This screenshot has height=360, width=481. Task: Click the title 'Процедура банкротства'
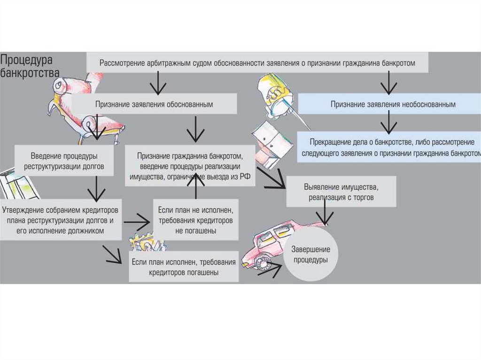pos(29,66)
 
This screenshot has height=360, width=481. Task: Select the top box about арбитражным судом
pos(257,62)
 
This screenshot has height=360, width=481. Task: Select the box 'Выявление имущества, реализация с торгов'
pos(341,192)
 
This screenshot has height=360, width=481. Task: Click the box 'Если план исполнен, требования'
pos(184,267)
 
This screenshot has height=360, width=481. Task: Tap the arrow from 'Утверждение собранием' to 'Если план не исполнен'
pos(138,219)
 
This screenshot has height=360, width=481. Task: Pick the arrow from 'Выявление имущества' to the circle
pos(324,215)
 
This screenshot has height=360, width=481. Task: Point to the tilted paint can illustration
pos(277,97)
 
